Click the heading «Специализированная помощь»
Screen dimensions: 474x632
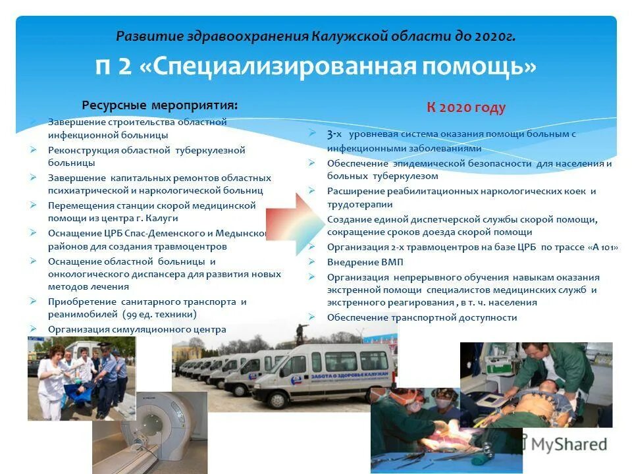coord(316,67)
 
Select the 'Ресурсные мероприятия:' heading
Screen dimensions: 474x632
coord(160,105)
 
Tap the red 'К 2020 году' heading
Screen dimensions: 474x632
coord(466,108)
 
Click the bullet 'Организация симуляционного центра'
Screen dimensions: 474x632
coord(137,329)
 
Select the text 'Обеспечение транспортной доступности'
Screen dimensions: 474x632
coord(422,317)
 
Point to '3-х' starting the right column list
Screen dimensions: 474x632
coord(334,134)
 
